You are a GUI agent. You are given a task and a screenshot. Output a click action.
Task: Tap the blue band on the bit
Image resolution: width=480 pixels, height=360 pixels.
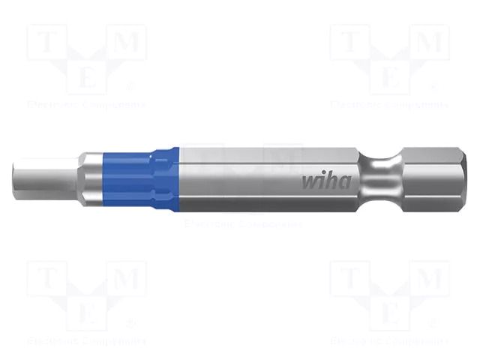point(163,178)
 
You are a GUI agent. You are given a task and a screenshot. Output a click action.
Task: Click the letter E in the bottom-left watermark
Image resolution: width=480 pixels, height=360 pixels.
point(88,310)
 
